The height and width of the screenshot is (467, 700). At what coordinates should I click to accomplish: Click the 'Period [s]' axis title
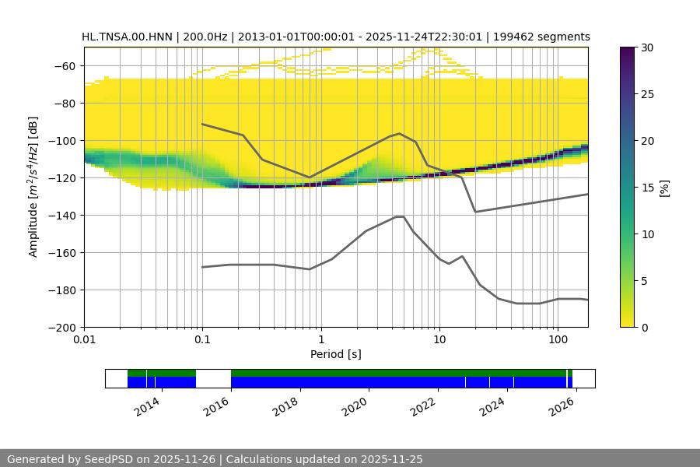(x=336, y=355)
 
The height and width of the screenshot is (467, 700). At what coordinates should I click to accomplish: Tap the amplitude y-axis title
(x=33, y=187)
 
